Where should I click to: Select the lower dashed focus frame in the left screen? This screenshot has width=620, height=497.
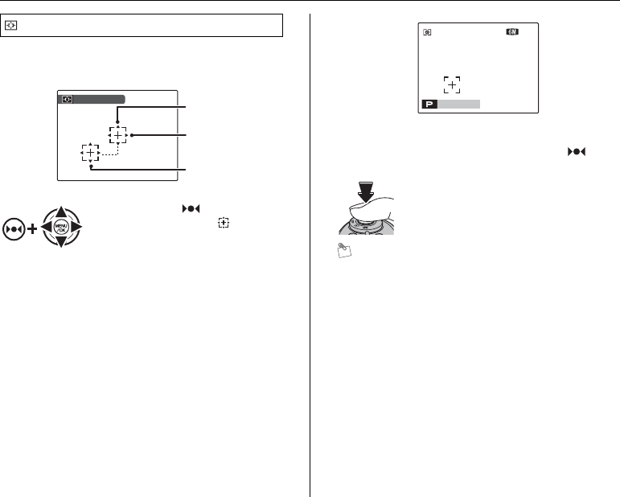click(90, 153)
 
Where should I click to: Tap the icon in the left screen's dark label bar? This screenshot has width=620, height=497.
click(67, 100)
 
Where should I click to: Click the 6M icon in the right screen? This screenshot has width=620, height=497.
click(512, 33)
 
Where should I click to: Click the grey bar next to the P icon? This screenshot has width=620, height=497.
click(459, 104)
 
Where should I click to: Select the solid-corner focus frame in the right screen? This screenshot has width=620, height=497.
click(454, 85)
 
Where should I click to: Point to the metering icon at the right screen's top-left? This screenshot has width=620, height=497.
click(428, 33)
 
